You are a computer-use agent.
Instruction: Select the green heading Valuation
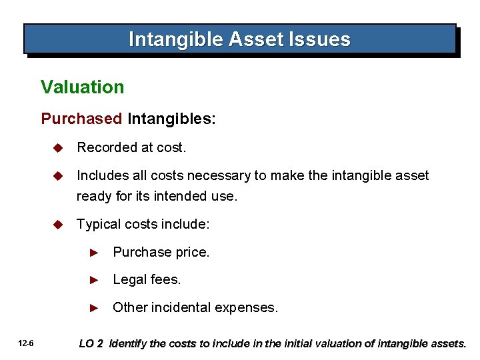click(x=82, y=87)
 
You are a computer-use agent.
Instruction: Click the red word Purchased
click(x=81, y=119)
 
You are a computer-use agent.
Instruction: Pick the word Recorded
click(x=104, y=147)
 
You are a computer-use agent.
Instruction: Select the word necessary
click(x=217, y=175)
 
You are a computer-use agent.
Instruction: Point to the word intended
click(x=183, y=197)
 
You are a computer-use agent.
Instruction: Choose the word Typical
click(x=97, y=225)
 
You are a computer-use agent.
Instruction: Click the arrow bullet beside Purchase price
click(x=95, y=253)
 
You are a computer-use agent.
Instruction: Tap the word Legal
click(x=129, y=280)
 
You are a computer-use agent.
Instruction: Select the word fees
click(x=165, y=280)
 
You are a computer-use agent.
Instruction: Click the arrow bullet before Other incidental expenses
click(x=95, y=308)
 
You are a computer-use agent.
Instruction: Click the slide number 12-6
click(x=27, y=344)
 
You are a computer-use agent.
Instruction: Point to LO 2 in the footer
click(x=91, y=344)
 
